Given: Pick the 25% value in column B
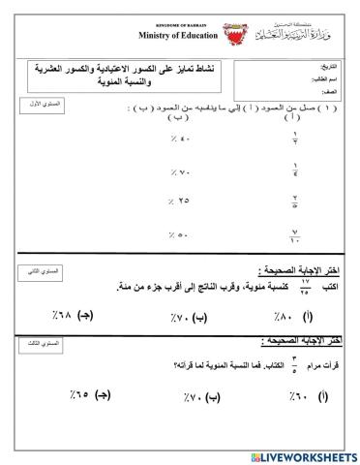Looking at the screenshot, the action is coord(179,201).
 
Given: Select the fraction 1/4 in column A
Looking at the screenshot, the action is coord(295,170).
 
